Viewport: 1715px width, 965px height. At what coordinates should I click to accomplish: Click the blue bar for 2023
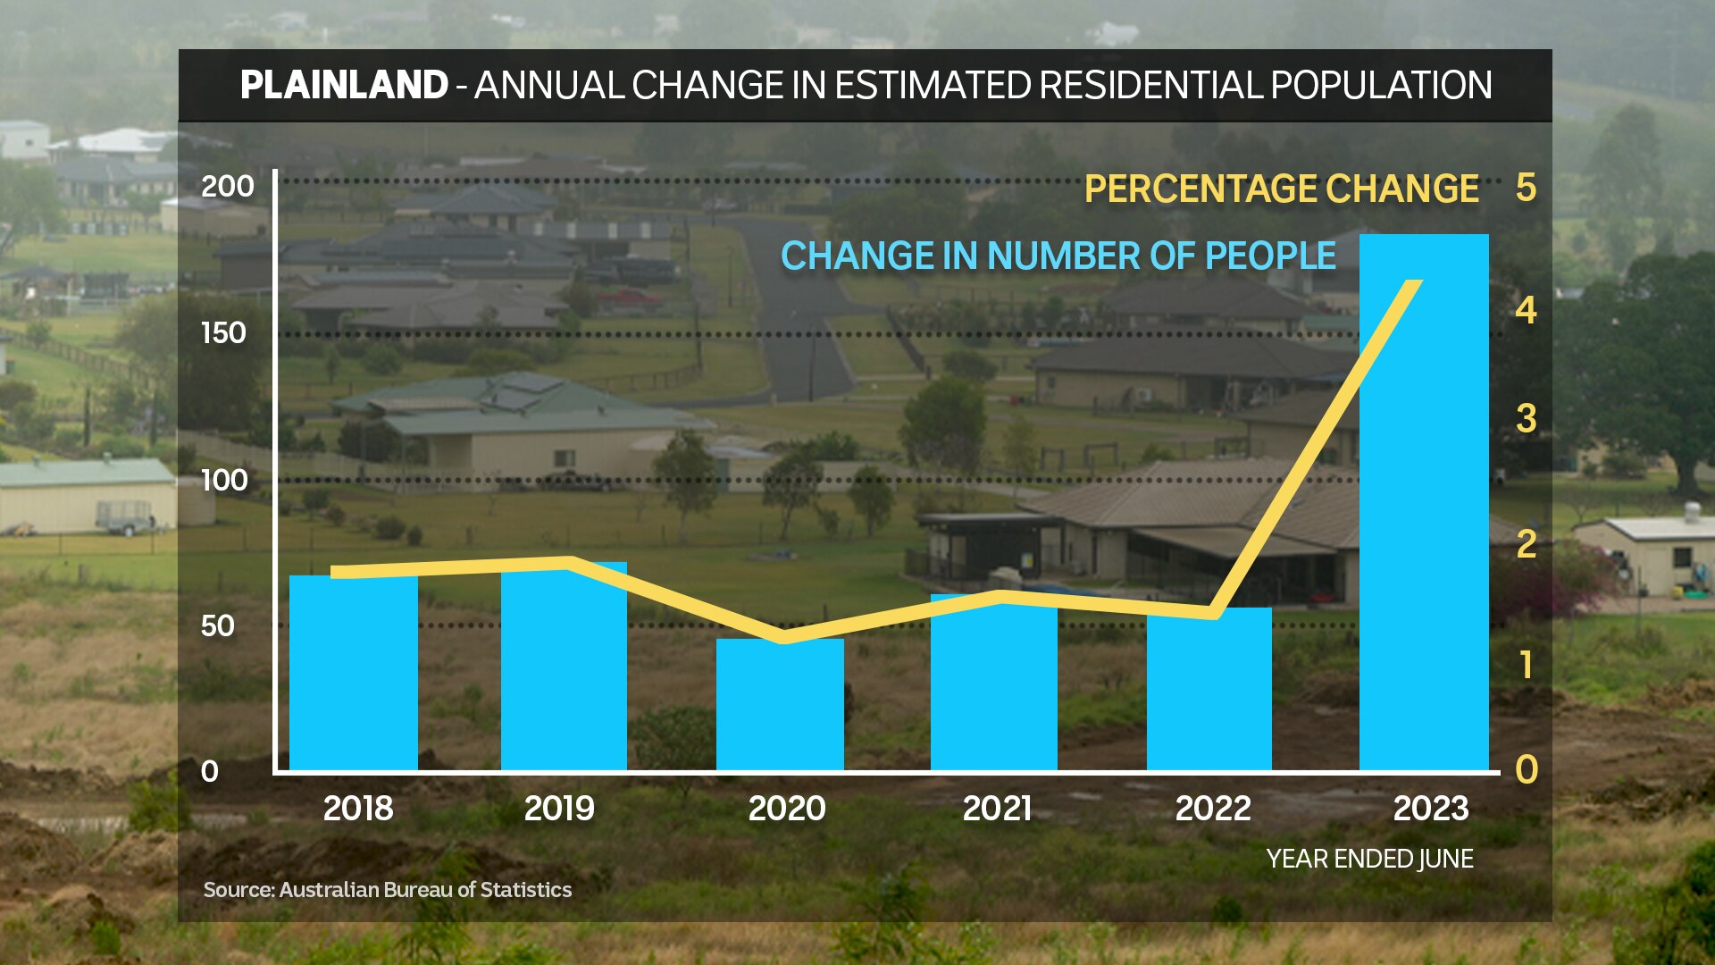(1424, 536)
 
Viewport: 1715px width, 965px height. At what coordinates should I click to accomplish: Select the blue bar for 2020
(780, 706)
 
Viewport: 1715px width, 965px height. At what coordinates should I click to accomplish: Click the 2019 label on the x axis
(559, 809)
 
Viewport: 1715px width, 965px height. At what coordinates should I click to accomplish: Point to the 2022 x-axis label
(1212, 809)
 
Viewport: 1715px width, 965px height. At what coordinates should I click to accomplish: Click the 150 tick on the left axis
(223, 333)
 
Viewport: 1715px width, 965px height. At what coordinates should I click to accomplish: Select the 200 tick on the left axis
(227, 187)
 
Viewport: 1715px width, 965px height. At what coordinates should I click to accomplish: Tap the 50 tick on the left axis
(218, 625)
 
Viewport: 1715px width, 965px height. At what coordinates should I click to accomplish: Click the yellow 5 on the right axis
(1526, 188)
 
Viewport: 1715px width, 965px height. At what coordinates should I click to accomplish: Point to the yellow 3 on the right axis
(1526, 418)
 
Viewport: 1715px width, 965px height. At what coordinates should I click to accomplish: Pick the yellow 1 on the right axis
(1526, 665)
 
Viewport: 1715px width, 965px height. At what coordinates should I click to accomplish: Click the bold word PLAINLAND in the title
(344, 86)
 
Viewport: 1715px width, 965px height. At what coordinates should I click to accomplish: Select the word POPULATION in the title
(1381, 86)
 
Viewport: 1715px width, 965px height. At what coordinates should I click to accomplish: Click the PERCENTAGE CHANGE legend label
(1282, 189)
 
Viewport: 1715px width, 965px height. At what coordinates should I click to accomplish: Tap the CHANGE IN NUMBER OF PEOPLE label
(1058, 256)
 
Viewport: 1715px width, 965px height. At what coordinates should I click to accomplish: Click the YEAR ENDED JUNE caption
(1369, 859)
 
